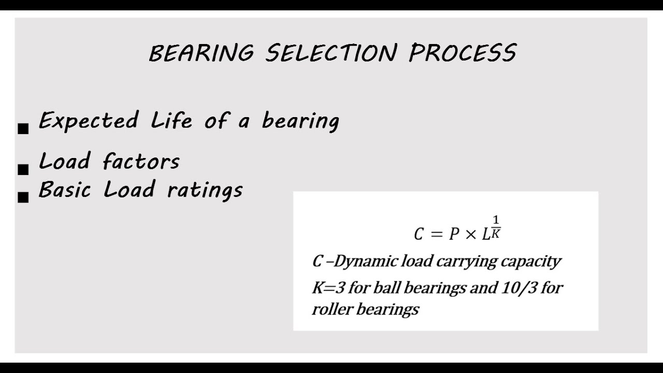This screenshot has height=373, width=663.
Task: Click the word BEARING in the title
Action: tap(201, 53)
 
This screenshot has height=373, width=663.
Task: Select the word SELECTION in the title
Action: tap(331, 53)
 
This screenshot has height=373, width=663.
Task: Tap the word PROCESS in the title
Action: tap(462, 53)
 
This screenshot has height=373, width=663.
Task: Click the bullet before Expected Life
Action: tap(23, 128)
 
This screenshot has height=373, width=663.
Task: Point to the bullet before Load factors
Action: tap(23, 169)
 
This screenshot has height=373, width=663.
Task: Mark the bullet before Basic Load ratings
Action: tap(23, 197)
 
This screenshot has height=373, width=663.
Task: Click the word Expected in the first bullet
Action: tap(89, 121)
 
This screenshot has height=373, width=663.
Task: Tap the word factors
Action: tap(141, 161)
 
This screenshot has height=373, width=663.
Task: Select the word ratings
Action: tap(205, 190)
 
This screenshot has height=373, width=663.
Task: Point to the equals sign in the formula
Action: tap(436, 234)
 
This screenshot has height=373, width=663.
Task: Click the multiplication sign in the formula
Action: tap(470, 234)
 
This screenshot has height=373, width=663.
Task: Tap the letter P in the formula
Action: tap(454, 234)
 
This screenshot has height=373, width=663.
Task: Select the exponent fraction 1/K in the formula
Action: tap(496, 227)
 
